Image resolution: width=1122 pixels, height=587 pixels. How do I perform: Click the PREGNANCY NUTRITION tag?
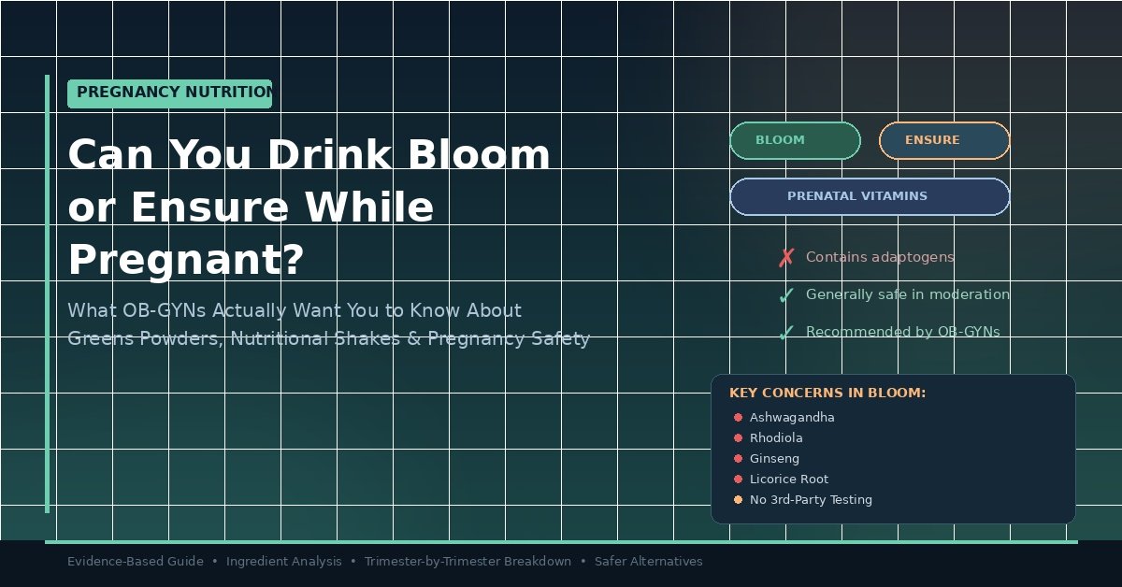coord(169,93)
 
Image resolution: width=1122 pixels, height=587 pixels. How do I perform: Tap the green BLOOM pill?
coord(795,140)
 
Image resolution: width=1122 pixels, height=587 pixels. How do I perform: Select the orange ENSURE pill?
coord(944,140)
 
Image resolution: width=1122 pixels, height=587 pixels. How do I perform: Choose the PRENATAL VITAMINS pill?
coord(870,196)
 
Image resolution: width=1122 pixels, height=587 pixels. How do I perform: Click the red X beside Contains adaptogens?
coord(786,258)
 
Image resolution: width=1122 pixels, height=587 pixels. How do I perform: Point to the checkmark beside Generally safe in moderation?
coord(786,295)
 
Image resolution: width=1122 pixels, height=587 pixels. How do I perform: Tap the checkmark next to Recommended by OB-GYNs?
coord(786,333)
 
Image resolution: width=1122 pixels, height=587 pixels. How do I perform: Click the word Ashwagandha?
coord(792,418)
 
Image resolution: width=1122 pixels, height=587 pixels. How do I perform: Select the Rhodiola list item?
coord(776,438)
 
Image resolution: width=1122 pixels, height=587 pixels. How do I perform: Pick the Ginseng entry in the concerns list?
coord(774,459)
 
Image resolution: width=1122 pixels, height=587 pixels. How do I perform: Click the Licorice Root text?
coord(789,480)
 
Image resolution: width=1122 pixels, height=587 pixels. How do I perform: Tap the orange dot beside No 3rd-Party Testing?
coord(738,500)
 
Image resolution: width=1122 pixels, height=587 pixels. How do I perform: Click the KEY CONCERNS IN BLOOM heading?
coord(827,394)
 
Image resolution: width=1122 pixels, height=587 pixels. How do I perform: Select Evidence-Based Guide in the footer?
coord(136,562)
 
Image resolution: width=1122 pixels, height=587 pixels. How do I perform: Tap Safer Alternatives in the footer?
coord(648,562)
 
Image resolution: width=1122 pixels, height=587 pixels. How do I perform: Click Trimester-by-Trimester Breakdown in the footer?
coord(467,562)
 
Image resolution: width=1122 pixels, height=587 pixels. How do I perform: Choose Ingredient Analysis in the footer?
coord(284,562)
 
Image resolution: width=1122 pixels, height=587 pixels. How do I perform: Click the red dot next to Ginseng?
coord(738,459)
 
